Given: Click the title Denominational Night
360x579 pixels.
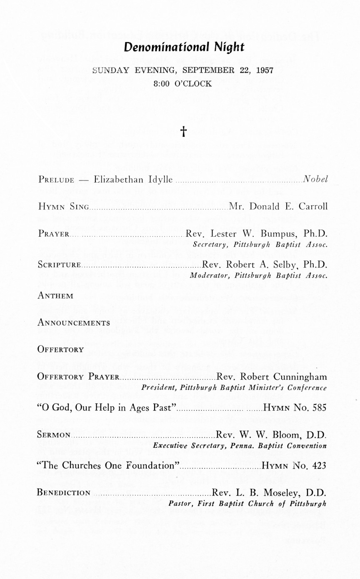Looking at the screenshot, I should (184, 47).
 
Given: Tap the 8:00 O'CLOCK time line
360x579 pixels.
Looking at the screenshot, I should (182, 83).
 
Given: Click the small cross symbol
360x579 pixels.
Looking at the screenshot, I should (183, 132).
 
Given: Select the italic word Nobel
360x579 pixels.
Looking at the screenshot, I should (315, 179).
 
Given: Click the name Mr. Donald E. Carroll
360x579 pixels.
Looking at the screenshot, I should (278, 206).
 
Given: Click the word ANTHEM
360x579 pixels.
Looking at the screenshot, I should (55, 296).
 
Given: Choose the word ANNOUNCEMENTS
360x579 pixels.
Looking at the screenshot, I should (74, 323).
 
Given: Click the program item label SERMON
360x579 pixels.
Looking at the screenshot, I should (54, 435).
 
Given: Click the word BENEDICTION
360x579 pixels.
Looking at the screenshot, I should (64, 493).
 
